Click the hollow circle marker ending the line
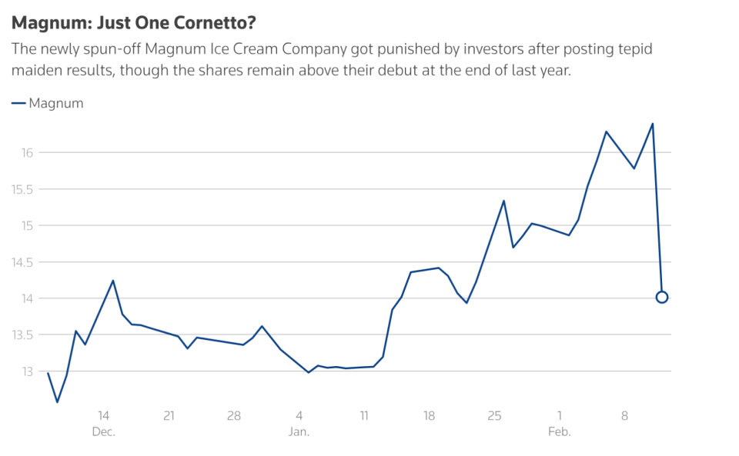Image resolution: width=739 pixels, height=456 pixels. click(662, 297)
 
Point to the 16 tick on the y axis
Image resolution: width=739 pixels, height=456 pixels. click(28, 152)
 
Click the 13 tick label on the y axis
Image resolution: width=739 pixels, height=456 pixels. click(28, 371)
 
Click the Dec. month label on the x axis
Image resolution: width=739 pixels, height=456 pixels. click(103, 432)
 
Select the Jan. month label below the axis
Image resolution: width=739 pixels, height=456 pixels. click(299, 432)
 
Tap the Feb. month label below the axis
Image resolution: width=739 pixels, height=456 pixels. click(560, 432)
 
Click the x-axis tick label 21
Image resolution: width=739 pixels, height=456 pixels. click(169, 416)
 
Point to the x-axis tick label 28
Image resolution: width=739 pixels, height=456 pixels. click(234, 416)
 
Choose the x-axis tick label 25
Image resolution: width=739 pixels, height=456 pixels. click(494, 416)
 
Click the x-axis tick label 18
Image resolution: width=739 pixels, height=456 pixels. click(429, 416)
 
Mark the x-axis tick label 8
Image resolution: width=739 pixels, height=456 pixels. click(624, 416)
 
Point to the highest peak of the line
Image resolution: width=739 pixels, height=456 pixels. click(653, 123)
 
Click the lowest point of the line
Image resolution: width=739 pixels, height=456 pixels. click(57, 401)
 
